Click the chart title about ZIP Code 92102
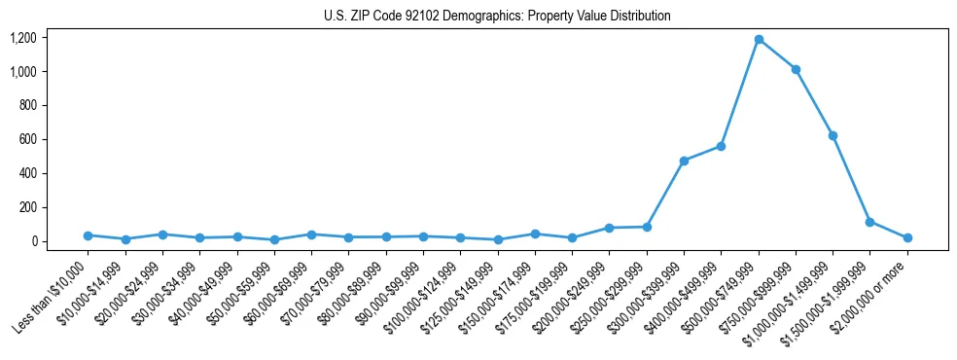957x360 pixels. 497,16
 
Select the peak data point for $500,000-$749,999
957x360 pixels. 759,40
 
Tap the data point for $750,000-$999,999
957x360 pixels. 796,69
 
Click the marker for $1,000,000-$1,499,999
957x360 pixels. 833,135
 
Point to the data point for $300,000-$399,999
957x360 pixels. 684,161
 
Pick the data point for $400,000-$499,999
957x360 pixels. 721,146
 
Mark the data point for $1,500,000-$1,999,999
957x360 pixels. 869,222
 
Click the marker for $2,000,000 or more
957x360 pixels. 906,237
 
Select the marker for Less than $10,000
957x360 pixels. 89,235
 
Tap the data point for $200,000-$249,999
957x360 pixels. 609,228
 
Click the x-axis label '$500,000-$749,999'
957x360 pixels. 721,295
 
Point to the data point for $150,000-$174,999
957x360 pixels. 535,234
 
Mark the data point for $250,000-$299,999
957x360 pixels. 647,227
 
